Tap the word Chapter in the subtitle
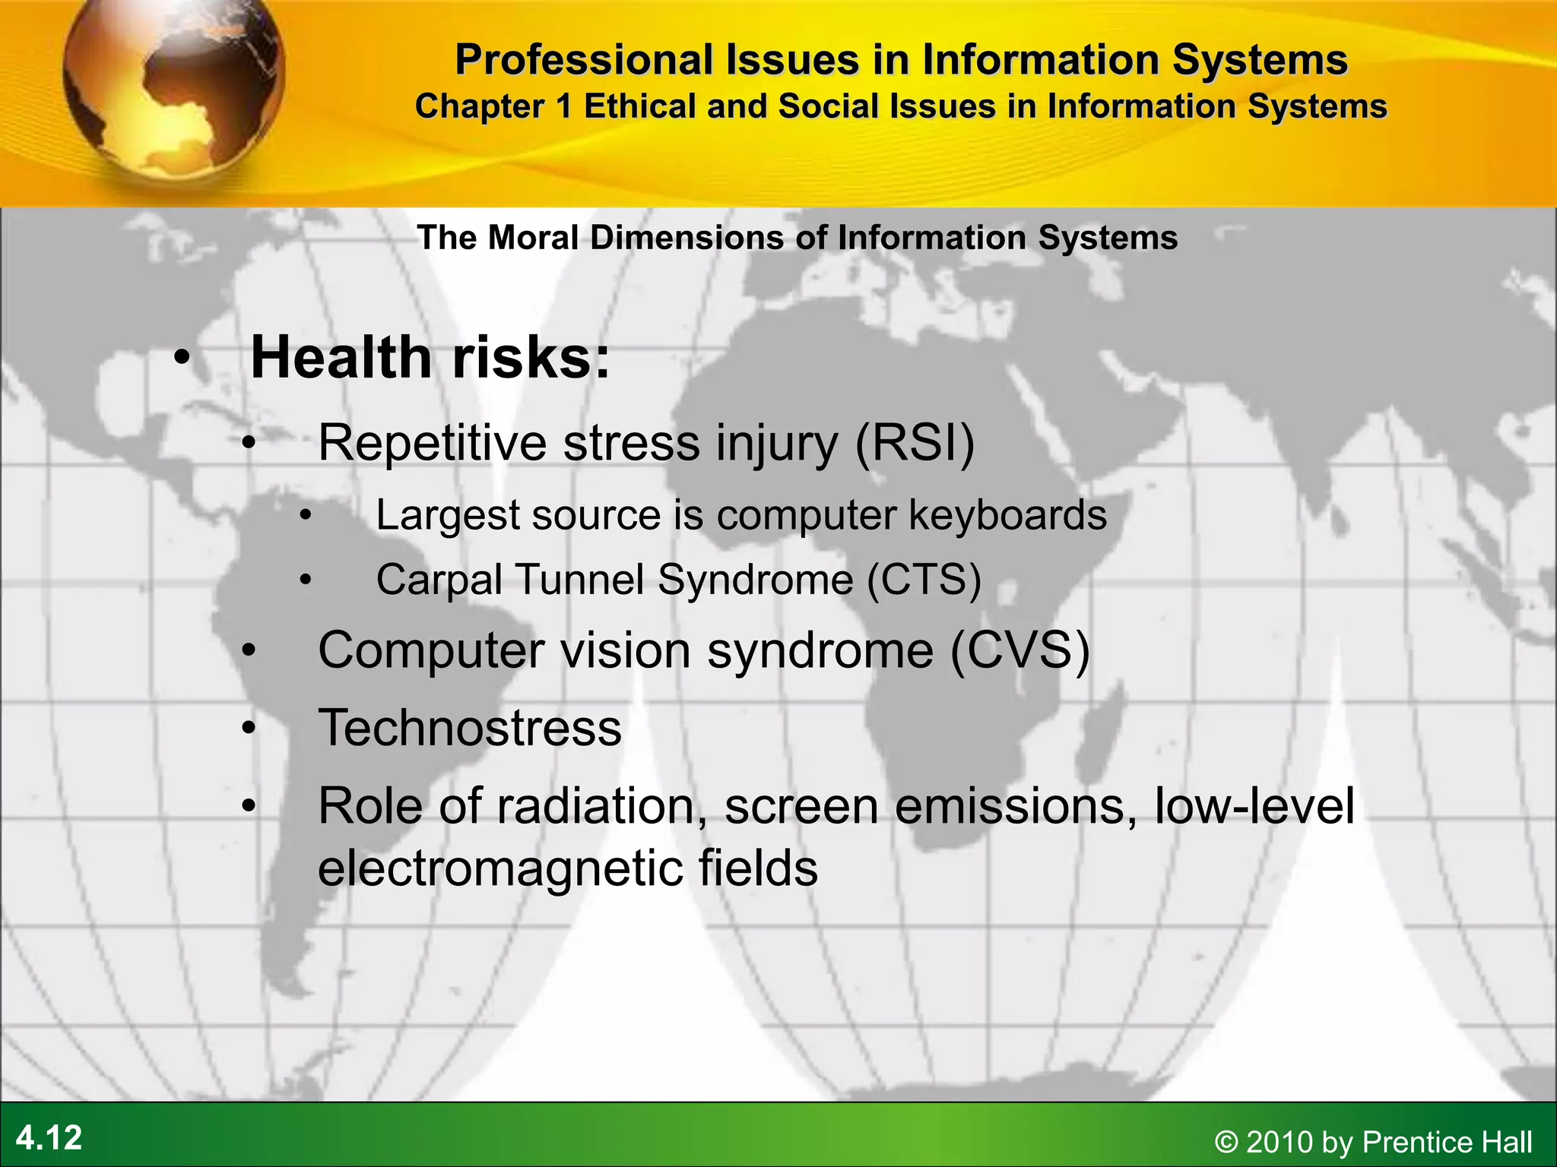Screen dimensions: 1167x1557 point(480,106)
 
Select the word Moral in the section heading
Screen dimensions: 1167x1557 point(533,238)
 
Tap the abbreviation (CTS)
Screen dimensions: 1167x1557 point(924,580)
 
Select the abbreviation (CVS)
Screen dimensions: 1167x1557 point(1020,650)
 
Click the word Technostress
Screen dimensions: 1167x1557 point(470,728)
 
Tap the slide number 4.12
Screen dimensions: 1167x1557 point(49,1137)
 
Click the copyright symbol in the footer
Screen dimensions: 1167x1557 point(1226,1142)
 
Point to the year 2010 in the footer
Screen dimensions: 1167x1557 point(1280,1142)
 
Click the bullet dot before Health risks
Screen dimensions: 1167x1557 point(181,358)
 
